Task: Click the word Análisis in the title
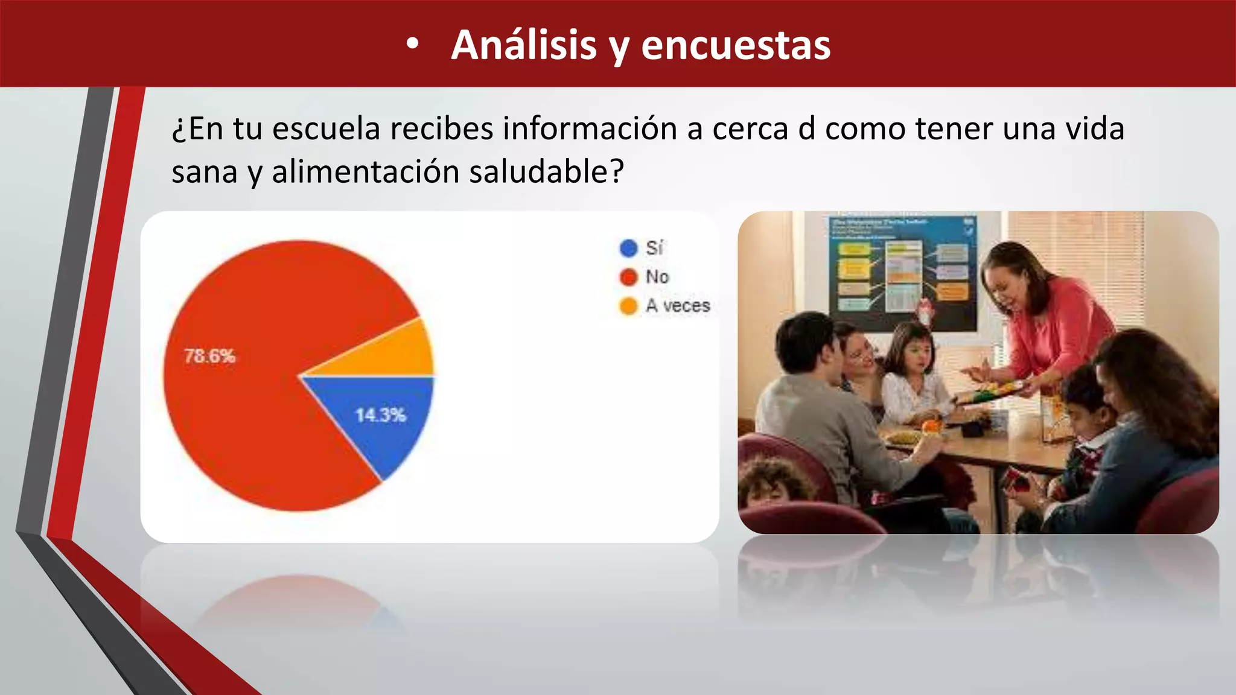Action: (x=523, y=45)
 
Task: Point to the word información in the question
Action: (x=590, y=129)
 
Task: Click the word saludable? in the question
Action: (x=546, y=172)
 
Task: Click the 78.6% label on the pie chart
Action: (x=209, y=356)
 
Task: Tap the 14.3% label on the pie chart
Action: (x=380, y=415)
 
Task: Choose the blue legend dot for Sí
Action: (x=628, y=248)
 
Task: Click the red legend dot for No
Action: (x=628, y=277)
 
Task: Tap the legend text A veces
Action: (x=678, y=306)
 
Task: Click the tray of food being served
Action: (x=990, y=393)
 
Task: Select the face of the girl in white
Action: (x=914, y=356)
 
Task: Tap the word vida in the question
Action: (x=1095, y=129)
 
